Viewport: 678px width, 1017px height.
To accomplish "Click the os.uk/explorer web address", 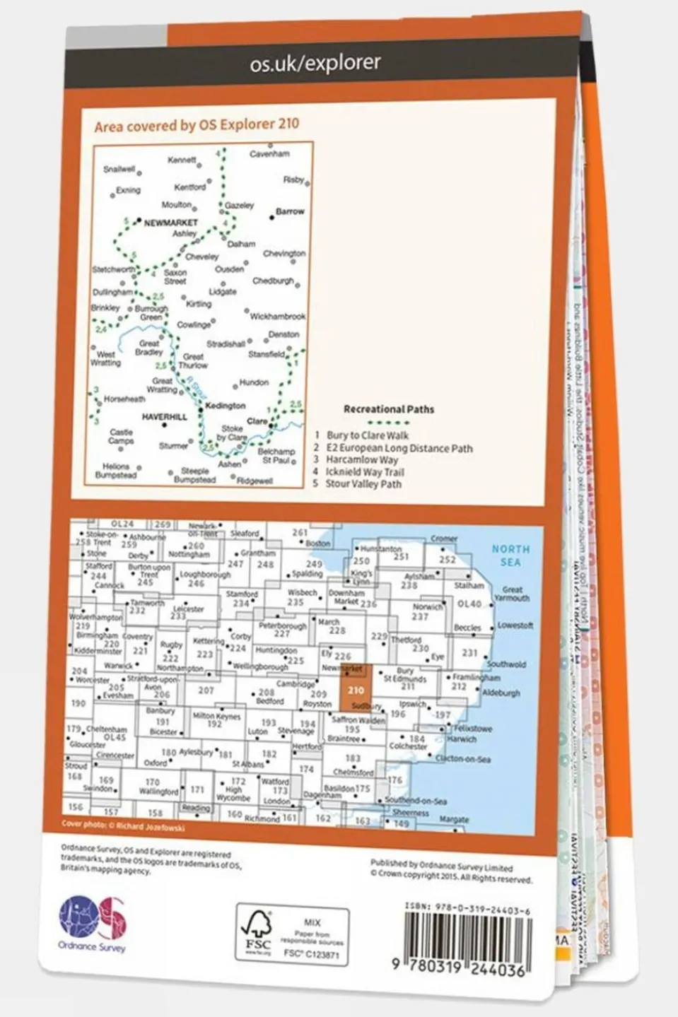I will pyautogui.click(x=315, y=63).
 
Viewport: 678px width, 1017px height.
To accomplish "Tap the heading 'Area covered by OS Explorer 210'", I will pyautogui.click(x=197, y=125).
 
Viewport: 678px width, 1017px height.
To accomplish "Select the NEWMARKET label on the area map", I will pyautogui.click(x=170, y=223).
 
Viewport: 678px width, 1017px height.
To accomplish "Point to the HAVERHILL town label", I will pyautogui.click(x=165, y=417).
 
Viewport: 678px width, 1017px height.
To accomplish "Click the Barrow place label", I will pyautogui.click(x=290, y=211).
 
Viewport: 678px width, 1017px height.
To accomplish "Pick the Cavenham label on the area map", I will pyautogui.click(x=269, y=153).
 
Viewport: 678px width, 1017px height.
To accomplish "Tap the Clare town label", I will pyautogui.click(x=257, y=421).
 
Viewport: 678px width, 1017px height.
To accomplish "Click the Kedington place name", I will pyautogui.click(x=225, y=406).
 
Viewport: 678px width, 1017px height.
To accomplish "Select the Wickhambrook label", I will pyautogui.click(x=277, y=317).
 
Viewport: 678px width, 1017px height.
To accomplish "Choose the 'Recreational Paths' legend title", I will pyautogui.click(x=389, y=409).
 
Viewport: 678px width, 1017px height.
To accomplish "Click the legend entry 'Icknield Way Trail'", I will pyautogui.click(x=364, y=471).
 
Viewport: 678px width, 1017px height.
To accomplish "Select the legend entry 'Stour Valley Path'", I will pyautogui.click(x=363, y=484).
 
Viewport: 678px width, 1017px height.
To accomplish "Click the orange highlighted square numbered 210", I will pyautogui.click(x=356, y=689).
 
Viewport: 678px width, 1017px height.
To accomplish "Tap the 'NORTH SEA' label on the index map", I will pyautogui.click(x=510, y=555).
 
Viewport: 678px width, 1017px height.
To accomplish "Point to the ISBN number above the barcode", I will pyautogui.click(x=467, y=910).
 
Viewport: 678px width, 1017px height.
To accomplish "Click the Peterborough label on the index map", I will pyautogui.click(x=283, y=626).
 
